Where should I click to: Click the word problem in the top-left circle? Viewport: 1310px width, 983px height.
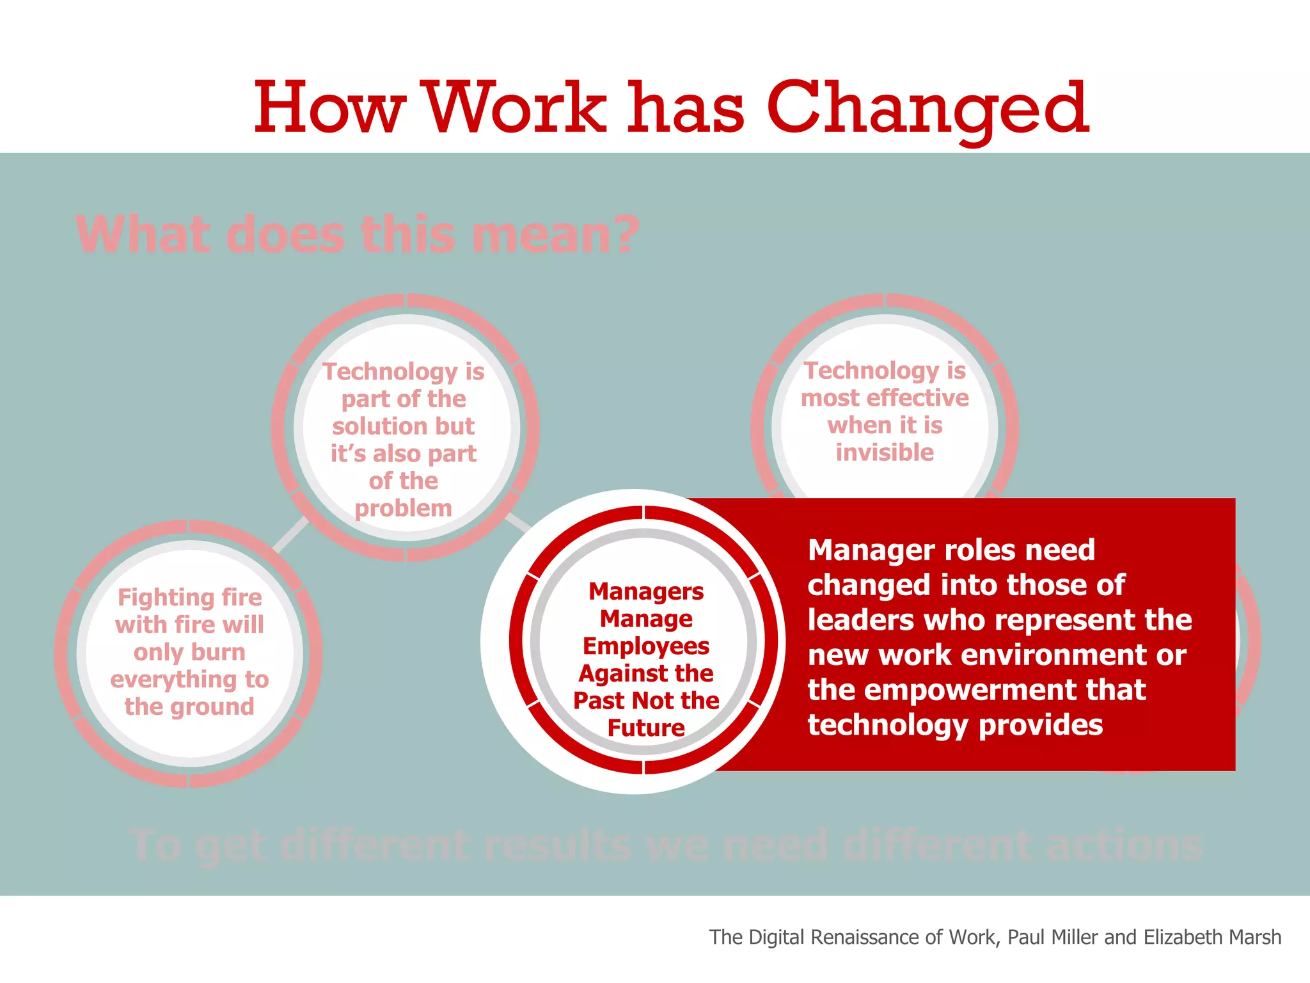(x=403, y=509)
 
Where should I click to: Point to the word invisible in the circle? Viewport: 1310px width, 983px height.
(x=885, y=452)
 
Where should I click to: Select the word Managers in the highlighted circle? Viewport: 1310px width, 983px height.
(x=646, y=591)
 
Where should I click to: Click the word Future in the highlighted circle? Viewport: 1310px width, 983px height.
(x=646, y=728)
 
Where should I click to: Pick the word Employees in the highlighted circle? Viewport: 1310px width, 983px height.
(x=646, y=646)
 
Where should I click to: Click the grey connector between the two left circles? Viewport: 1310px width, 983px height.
(x=291, y=535)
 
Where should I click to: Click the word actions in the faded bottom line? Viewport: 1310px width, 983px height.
(x=1124, y=846)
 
